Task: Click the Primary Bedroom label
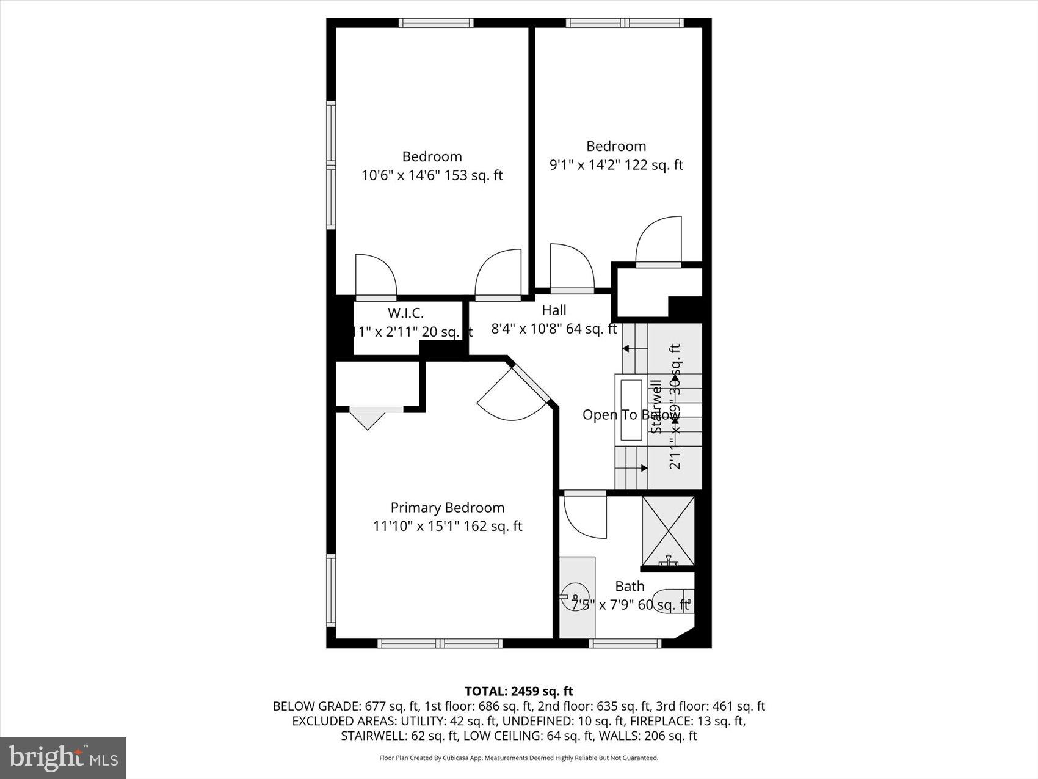coord(447,507)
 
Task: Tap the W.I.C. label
coord(405,313)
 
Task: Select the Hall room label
coord(554,310)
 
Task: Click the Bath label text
coord(630,586)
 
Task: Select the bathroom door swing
coord(583,517)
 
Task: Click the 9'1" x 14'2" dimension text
coord(616,165)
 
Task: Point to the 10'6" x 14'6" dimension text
coord(432,175)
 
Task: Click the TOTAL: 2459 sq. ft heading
coord(518,691)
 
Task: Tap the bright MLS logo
coord(63,758)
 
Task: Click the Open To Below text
coord(631,415)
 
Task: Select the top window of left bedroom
coord(435,23)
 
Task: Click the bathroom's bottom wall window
coord(625,643)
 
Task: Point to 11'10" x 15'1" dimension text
coord(448,526)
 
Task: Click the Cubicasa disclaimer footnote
coord(518,758)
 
